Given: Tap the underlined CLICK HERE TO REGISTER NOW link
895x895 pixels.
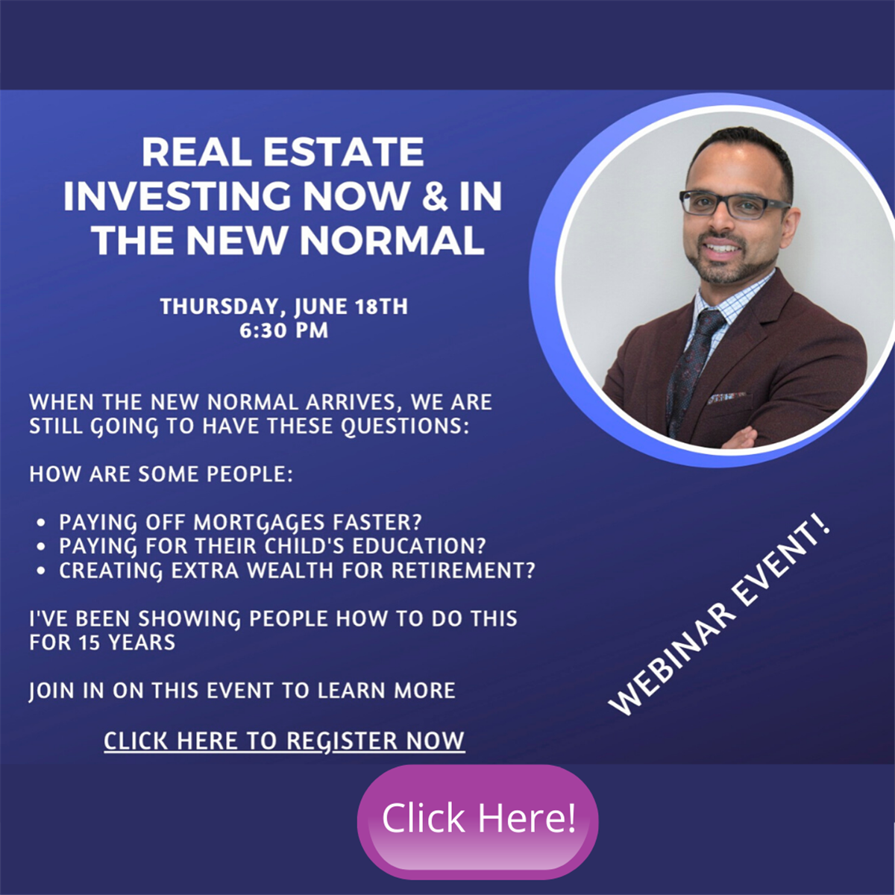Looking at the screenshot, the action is (284, 741).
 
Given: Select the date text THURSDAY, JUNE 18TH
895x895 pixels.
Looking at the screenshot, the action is (283, 307).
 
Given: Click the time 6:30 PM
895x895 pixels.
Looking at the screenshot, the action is (283, 330).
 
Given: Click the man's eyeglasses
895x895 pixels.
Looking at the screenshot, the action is (735, 204).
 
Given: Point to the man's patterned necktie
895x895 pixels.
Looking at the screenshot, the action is (691, 367).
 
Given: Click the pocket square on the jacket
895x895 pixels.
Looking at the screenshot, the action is (727, 397).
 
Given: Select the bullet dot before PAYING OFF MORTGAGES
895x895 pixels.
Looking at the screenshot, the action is (42, 523).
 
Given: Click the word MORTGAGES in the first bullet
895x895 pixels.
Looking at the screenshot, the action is (259, 523).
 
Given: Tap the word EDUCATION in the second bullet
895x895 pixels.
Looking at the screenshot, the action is (418, 546).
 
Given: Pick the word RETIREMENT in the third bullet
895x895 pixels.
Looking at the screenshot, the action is (463, 571).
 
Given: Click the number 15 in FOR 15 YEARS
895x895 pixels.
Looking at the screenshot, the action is (88, 643).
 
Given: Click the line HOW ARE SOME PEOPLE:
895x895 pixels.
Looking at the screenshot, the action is (161, 474).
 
